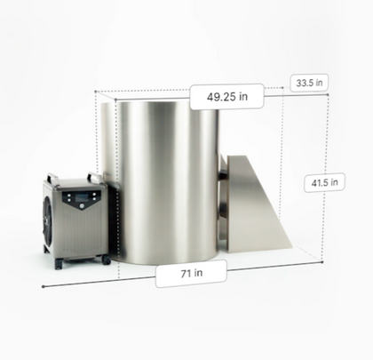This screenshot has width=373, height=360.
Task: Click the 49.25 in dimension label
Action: coord(226,97)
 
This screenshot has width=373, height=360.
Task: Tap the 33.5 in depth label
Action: coord(309,83)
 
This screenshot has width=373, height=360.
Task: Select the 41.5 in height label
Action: coord(324,183)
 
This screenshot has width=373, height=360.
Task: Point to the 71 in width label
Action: coord(191,274)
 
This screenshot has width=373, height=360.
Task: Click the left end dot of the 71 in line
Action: coord(44,286)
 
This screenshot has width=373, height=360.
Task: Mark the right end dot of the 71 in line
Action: coord(322,262)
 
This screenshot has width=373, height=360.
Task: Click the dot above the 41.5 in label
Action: coord(328,95)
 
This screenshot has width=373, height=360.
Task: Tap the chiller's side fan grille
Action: coord(47,219)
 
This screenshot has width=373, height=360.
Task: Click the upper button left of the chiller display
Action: coord(68,196)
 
